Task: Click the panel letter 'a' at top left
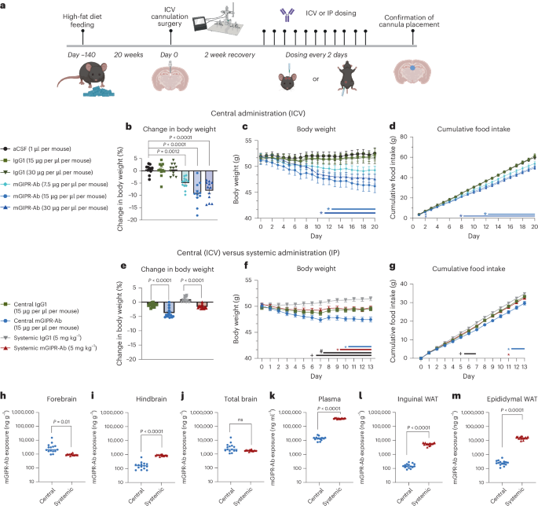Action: click(x=5, y=5)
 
